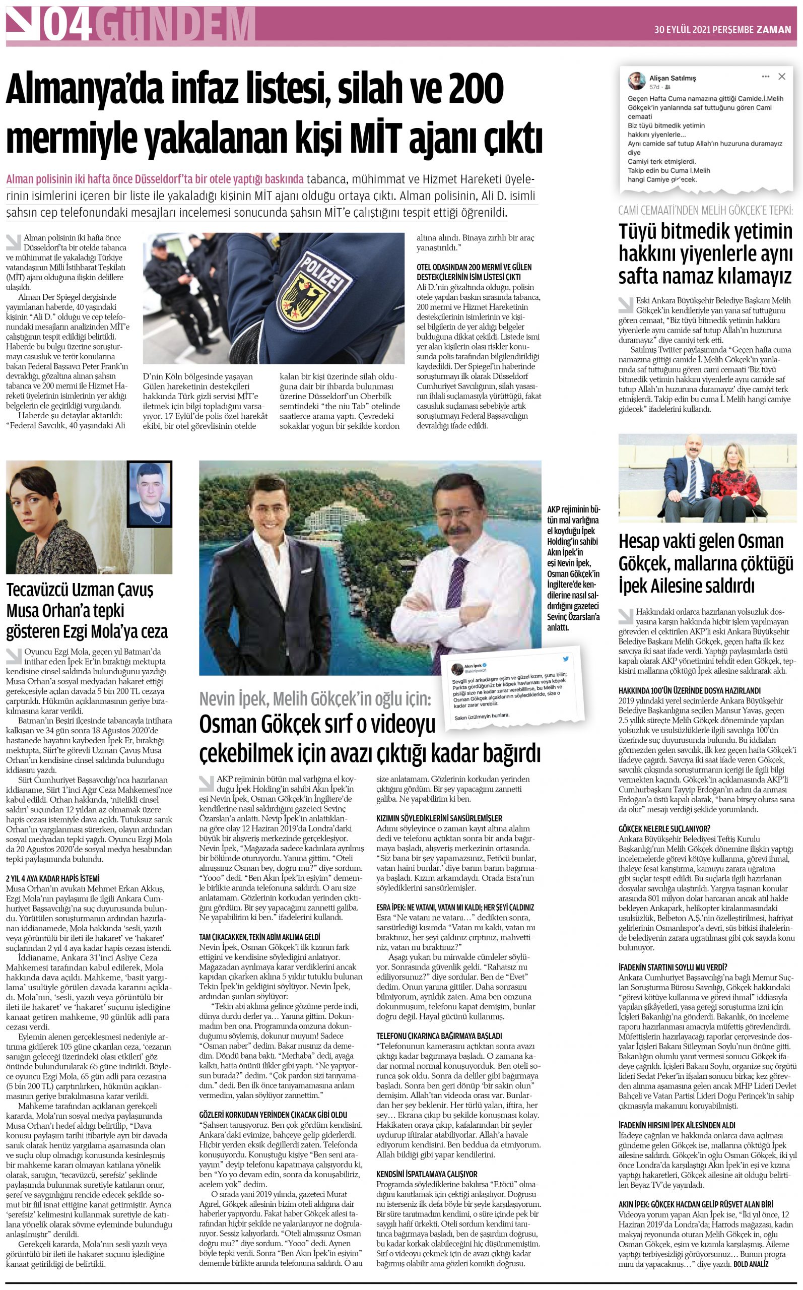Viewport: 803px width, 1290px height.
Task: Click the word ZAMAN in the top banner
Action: point(773,30)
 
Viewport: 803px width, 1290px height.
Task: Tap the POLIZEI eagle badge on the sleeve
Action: point(313,292)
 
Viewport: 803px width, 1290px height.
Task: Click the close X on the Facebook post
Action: point(781,77)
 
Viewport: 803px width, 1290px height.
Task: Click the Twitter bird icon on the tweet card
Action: point(566,659)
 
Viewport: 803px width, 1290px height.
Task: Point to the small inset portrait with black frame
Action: point(149,493)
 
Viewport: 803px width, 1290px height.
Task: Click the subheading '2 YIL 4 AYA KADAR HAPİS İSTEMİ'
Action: point(52,878)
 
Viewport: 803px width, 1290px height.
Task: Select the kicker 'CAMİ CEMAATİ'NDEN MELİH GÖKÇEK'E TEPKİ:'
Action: point(705,210)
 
